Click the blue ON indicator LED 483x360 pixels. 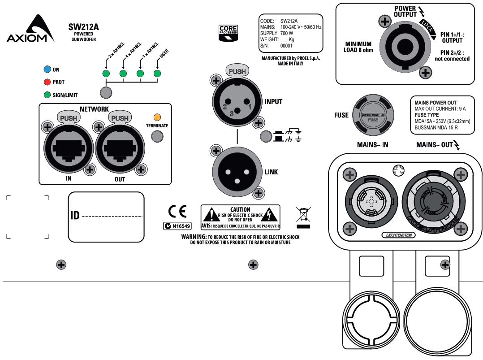tap(47, 69)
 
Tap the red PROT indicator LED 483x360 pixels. tap(47, 82)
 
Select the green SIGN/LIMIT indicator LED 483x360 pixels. tap(47, 95)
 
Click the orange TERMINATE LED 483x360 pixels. tap(157, 117)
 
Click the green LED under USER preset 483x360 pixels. tap(157, 74)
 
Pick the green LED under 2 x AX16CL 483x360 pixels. tap(106, 74)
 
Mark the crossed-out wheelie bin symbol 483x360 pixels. tap(303, 215)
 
